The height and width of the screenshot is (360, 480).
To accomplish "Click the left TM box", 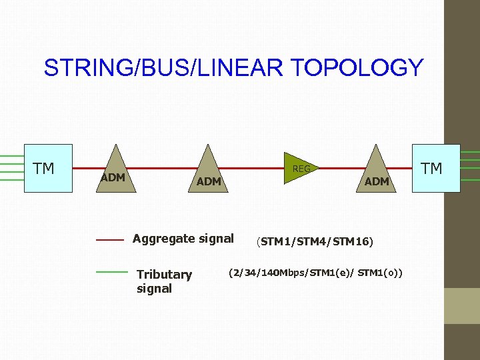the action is [x=48, y=169].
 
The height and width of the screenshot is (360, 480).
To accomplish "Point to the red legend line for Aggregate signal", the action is [x=110, y=239].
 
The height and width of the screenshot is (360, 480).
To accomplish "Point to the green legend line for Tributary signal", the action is [x=111, y=272].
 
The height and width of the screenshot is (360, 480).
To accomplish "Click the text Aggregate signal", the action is [x=183, y=239].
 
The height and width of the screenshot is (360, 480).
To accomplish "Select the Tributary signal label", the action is [x=163, y=281].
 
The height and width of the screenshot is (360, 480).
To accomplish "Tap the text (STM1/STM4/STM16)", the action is [x=315, y=241].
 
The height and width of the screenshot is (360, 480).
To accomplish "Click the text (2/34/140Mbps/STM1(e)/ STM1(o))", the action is [x=319, y=273].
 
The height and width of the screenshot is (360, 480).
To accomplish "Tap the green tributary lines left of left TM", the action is [x=12, y=168].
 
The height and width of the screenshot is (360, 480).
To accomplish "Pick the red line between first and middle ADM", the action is [x=163, y=168].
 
